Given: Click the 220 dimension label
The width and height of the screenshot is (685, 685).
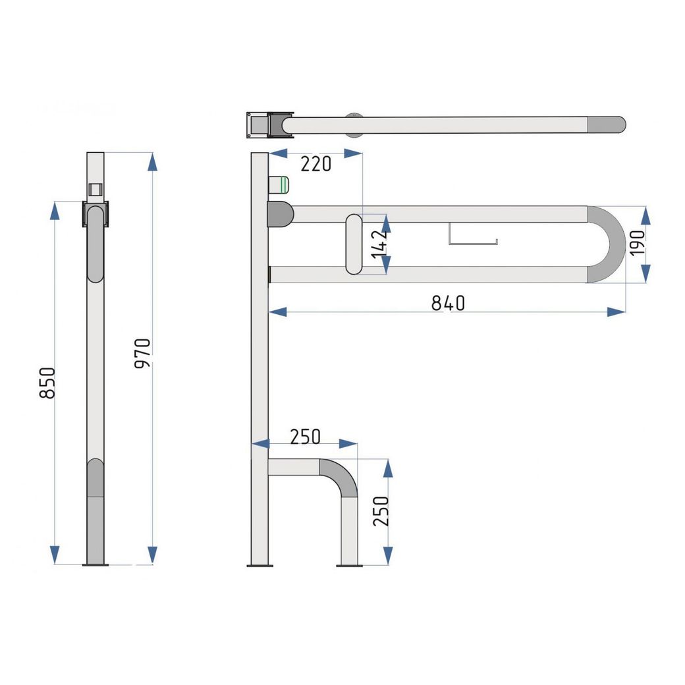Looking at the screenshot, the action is [316, 164].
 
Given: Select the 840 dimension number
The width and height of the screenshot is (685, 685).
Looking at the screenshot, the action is [448, 303].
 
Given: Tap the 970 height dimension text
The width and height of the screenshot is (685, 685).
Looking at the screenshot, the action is [143, 354].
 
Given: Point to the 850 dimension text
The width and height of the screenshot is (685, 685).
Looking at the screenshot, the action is [47, 383].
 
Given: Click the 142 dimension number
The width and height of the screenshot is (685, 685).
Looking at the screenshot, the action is [379, 244].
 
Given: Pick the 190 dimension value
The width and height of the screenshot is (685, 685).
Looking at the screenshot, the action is [638, 243].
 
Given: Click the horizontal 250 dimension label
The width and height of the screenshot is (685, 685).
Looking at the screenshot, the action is [306, 437].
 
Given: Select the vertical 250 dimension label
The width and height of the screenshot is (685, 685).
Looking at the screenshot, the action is [381, 511].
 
